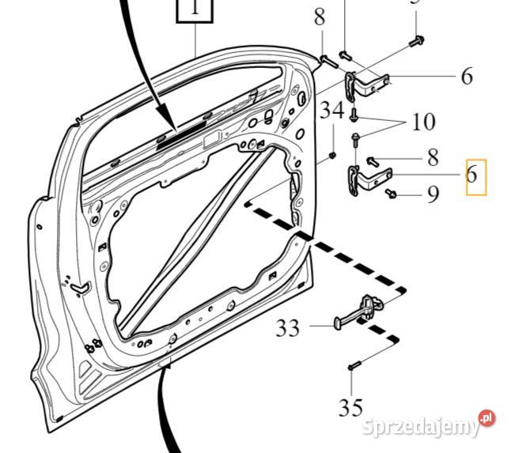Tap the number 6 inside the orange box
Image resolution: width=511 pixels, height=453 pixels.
472,175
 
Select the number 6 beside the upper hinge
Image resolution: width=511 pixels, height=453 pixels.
467,77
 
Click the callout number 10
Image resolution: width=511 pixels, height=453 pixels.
423,123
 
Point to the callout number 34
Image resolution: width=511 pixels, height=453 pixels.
332,111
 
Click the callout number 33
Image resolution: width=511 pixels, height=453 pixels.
288,327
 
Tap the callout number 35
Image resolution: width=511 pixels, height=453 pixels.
350,408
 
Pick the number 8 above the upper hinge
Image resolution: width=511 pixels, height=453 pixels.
319,17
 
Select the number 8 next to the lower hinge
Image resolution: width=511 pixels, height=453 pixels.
433,157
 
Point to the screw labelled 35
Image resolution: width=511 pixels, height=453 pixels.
354,366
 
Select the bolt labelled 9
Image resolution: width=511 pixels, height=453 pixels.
392,193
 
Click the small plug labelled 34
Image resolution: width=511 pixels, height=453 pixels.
332,153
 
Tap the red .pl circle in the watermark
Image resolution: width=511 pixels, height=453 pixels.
486,417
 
